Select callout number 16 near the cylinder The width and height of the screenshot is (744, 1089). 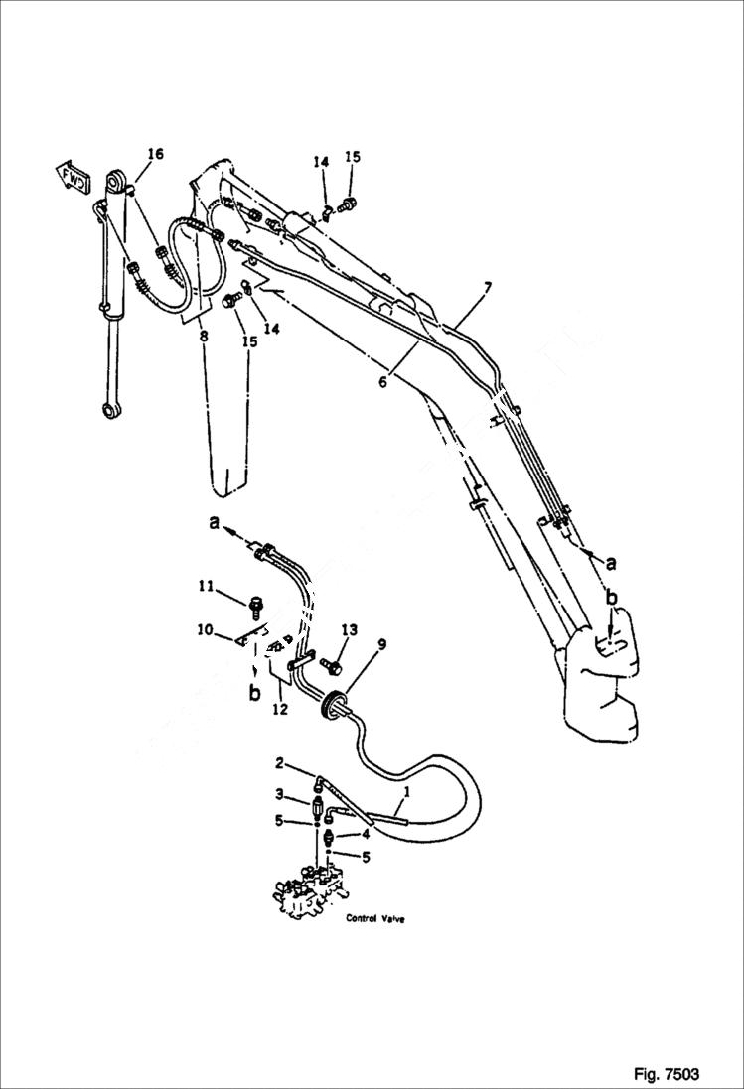coord(155,154)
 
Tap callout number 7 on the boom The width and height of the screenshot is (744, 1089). coord(487,288)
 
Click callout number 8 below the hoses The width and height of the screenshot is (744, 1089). coord(203,337)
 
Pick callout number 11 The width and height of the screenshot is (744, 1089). coord(205,587)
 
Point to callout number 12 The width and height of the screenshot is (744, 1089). coord(280,709)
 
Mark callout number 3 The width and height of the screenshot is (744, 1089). coord(280,794)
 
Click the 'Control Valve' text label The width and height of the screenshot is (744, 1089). coord(374,919)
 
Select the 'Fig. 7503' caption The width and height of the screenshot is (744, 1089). coord(666,1074)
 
